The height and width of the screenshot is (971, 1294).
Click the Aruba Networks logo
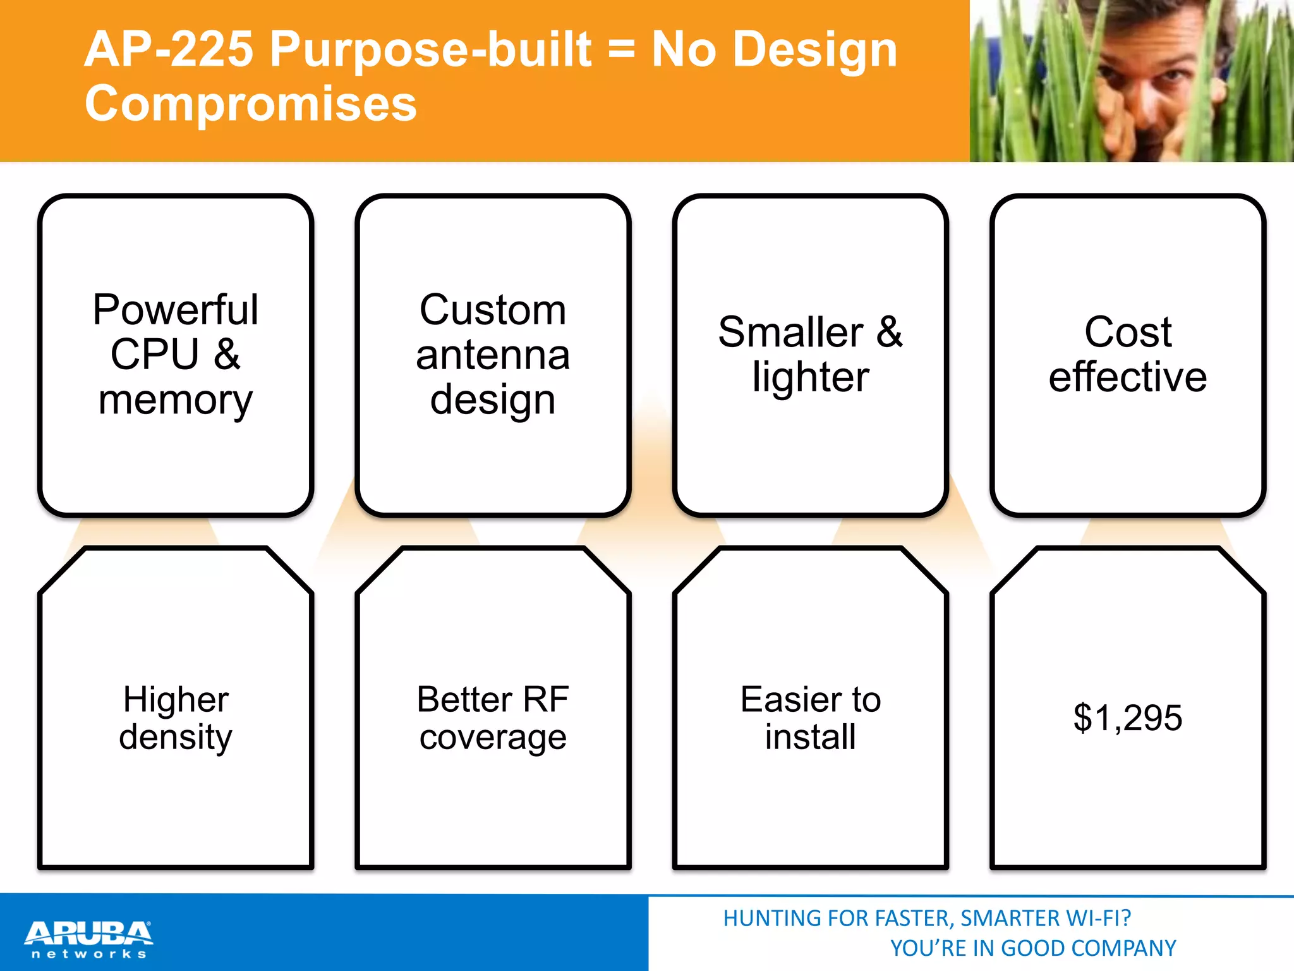[x=88, y=939]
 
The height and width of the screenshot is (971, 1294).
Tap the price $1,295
[x=1128, y=718]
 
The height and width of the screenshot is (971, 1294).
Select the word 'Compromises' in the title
[x=251, y=103]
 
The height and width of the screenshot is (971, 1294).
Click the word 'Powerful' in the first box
[x=176, y=310]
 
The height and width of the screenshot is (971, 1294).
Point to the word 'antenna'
[x=493, y=355]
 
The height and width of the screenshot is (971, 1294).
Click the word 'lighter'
[x=811, y=377]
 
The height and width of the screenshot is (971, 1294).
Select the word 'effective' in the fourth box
[x=1128, y=377]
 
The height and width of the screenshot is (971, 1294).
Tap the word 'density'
[x=176, y=738]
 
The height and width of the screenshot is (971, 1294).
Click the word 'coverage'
[x=493, y=738]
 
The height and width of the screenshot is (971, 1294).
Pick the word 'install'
[x=811, y=737]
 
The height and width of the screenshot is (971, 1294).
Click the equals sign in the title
[x=622, y=51]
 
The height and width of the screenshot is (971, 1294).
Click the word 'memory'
[x=176, y=401]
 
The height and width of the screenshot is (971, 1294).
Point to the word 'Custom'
[x=493, y=310]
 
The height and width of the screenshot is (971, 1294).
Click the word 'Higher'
[x=176, y=699]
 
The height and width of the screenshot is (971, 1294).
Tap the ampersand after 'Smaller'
[x=890, y=332]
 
